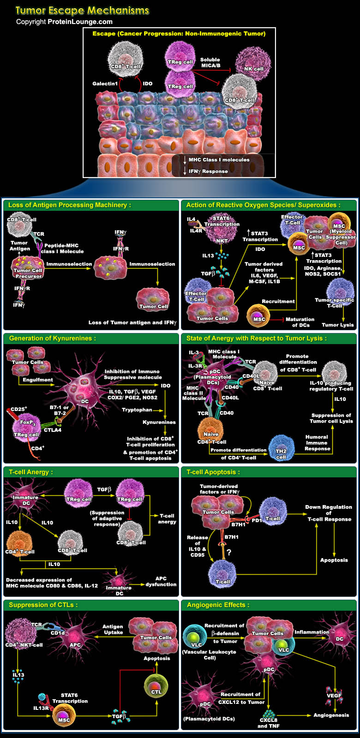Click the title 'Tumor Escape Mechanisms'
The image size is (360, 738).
click(82, 10)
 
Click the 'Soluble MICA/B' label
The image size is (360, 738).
click(210, 63)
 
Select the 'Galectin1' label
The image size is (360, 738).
click(105, 84)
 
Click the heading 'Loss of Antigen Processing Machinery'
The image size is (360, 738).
click(69, 205)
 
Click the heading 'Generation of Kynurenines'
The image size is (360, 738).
click(53, 338)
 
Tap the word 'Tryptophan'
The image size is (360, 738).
click(137, 410)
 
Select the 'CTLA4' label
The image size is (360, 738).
click(53, 430)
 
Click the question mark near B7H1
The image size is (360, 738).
click(228, 552)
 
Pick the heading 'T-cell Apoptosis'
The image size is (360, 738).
click(213, 472)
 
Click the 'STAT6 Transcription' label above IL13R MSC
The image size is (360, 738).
click(70, 698)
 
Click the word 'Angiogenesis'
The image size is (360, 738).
click(331, 715)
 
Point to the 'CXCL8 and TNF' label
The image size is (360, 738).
click(268, 723)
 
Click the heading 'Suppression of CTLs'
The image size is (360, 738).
click(43, 605)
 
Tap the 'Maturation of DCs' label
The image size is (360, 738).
click(300, 322)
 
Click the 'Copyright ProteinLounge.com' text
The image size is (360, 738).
click(64, 22)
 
